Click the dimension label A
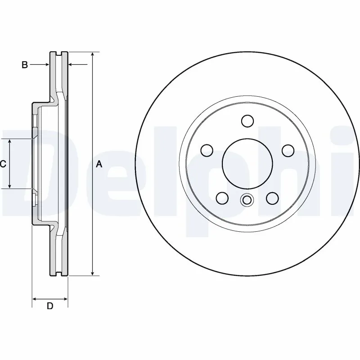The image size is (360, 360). click(x=99, y=165)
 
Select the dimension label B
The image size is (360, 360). click(x=25, y=65)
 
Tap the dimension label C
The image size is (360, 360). click(x=3, y=164)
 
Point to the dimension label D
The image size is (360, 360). click(x=50, y=306)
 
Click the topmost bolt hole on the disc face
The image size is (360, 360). click(x=247, y=121)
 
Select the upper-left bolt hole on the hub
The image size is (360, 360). click(x=207, y=149)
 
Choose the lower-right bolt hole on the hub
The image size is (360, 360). click(x=272, y=197)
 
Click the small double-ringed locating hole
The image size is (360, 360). click(x=247, y=200)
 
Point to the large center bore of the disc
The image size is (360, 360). click(x=247, y=163)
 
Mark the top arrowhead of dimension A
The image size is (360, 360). click(x=92, y=54)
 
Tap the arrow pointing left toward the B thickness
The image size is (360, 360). click(x=71, y=65)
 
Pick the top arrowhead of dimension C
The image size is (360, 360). click(x=10, y=142)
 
